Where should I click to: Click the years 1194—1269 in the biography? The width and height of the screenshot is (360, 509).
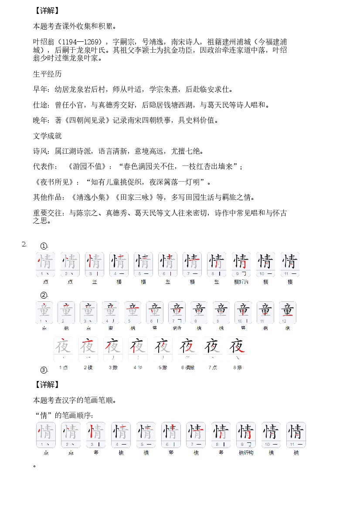pos(83,42)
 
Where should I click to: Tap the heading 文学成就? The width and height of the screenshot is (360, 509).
pos(48,136)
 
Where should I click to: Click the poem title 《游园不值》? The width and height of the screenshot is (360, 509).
pos(85,167)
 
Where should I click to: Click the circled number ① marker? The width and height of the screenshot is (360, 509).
pos(44,246)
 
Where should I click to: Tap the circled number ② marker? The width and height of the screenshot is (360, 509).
pos(44,295)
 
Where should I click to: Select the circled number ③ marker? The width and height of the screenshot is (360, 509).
pos(44,371)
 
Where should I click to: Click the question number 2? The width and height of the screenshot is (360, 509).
pos(24,244)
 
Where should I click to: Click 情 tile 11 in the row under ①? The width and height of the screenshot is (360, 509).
pos(290,264)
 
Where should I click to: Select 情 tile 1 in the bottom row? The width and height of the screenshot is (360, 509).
pos(45,435)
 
